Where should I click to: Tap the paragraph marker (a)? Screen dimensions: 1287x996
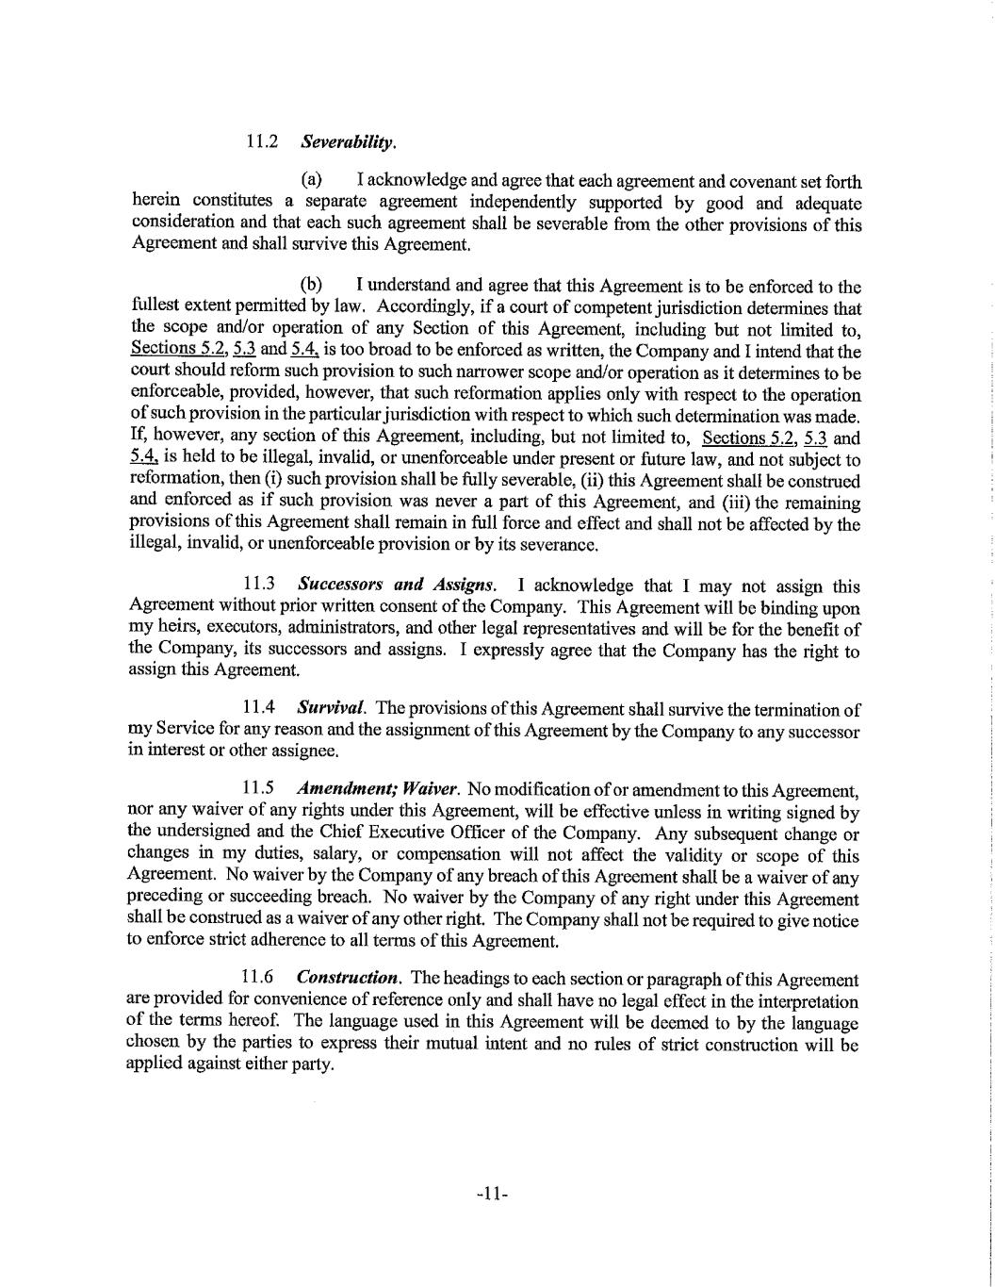(x=311, y=180)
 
